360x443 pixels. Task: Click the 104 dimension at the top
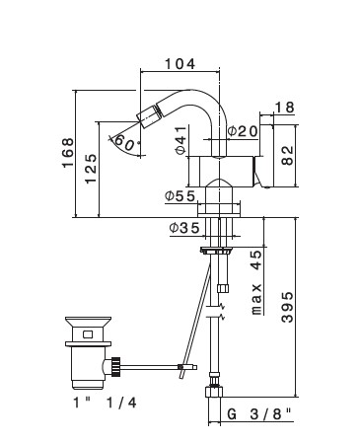click(x=180, y=64)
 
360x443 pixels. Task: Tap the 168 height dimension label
click(x=68, y=153)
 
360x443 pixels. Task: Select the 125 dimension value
click(x=91, y=169)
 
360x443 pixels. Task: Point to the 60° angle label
click(x=124, y=143)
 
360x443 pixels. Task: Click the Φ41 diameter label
click(x=181, y=140)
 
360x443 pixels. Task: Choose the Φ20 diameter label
click(x=243, y=131)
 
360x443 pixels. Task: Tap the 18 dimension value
click(x=284, y=108)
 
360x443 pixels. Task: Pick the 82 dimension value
click(x=288, y=155)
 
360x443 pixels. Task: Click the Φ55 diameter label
click(x=180, y=196)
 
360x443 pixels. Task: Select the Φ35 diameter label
click(x=184, y=228)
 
